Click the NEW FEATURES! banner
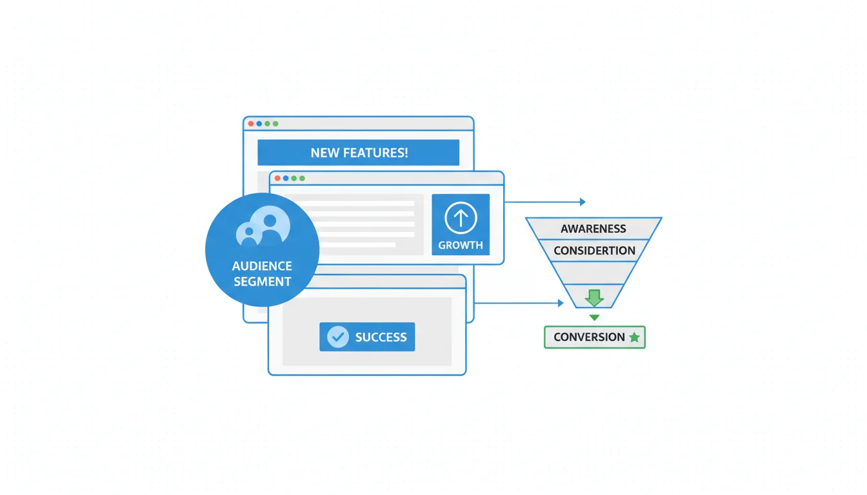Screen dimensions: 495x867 [x=358, y=153]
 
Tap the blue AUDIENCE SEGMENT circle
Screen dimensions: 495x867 [x=262, y=249]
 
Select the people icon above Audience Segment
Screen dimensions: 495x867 [x=264, y=226]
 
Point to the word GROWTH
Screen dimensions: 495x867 [x=461, y=245]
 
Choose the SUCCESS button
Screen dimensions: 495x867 [x=367, y=336]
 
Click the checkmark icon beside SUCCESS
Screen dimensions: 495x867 [x=338, y=336]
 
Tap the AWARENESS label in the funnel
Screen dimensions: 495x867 [x=593, y=229]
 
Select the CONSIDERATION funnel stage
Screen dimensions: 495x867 [x=594, y=250]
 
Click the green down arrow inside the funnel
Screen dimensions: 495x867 [x=594, y=297]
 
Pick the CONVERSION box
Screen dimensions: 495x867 [x=594, y=337]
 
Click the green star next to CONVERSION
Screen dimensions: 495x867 [x=634, y=337]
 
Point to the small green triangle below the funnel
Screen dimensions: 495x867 [x=594, y=318]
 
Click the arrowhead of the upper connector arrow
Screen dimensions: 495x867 [x=583, y=202]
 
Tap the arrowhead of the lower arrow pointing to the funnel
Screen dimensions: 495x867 [x=561, y=303]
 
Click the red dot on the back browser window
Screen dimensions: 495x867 [x=250, y=123]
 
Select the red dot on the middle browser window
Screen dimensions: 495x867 [x=277, y=178]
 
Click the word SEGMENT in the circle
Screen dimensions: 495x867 [x=262, y=281]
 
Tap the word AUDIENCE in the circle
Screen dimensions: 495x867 [x=262, y=266]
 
